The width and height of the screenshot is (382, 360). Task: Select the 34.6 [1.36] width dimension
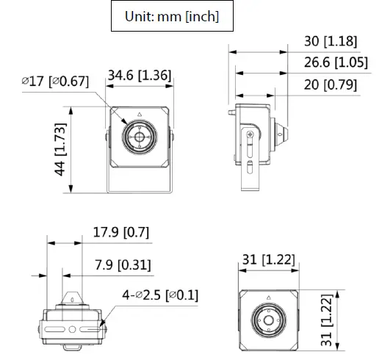[x=139, y=75]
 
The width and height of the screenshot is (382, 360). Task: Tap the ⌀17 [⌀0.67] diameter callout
[x=54, y=80]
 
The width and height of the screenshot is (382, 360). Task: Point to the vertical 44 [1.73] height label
[x=61, y=149]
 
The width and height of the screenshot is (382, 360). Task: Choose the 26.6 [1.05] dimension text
[x=335, y=63]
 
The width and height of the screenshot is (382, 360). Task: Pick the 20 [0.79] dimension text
[x=330, y=85]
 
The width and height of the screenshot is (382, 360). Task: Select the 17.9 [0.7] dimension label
[x=121, y=233]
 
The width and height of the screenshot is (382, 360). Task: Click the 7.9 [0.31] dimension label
[x=123, y=264]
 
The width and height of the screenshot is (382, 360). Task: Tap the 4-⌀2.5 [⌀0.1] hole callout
[x=160, y=295]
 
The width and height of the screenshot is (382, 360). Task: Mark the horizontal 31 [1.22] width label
[x=269, y=259]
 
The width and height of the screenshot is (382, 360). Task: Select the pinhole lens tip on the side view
[x=284, y=134]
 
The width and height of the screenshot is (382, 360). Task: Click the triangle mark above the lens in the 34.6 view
[x=139, y=115]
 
